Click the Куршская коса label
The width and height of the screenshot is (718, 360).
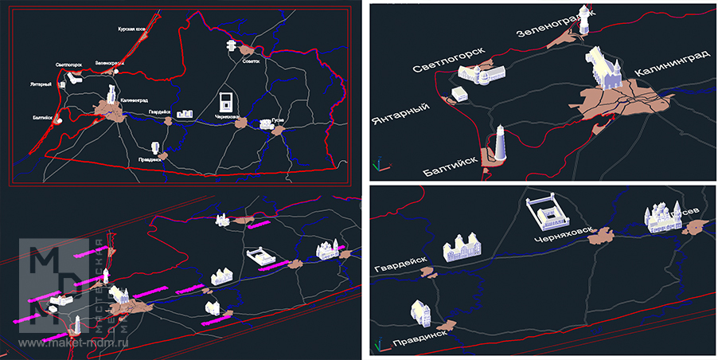tap(131, 29)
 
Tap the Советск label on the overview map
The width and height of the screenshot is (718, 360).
tap(252, 62)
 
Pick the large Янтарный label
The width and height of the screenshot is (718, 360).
tap(400, 113)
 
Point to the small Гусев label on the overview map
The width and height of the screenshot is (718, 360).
tap(278, 120)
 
